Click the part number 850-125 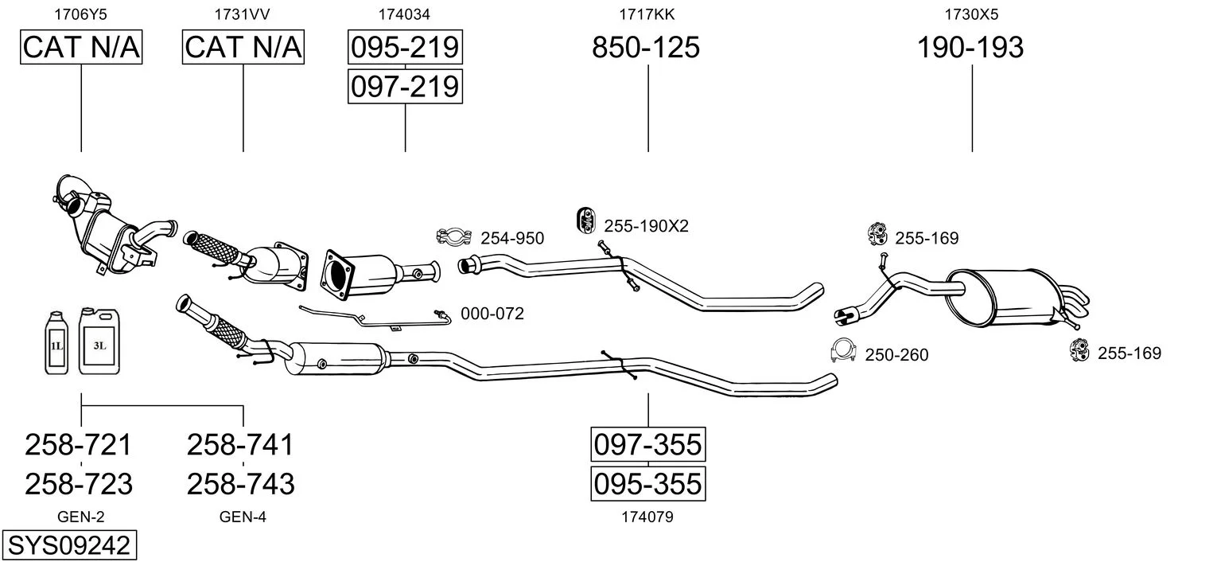pos(646,48)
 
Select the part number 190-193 pos(970,48)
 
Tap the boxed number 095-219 pos(405,48)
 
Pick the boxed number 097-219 pos(405,86)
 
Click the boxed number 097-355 pos(647,444)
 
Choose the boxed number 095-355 pos(647,483)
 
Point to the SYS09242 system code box pos(68,546)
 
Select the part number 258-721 pos(79,444)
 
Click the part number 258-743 pos(240,483)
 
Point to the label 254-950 pos(512,238)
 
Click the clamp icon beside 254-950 pos(453,236)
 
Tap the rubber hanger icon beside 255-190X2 pos(585,221)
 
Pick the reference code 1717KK pos(647,14)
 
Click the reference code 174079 pos(647,517)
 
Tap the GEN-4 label pos(243,517)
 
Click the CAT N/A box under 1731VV pos(243,48)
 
